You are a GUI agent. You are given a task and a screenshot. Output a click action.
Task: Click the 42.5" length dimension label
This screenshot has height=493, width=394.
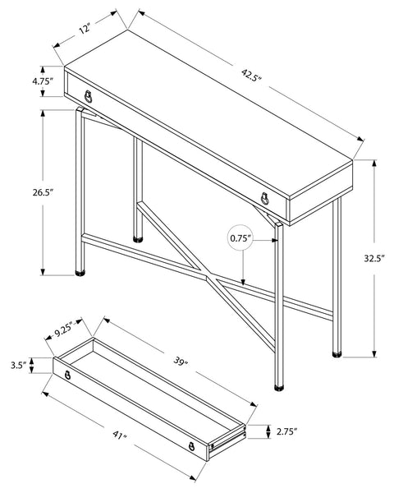251,76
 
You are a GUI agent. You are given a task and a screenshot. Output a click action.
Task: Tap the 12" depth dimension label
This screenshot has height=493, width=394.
85,30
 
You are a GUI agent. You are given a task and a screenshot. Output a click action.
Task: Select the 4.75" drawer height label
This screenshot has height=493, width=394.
42,81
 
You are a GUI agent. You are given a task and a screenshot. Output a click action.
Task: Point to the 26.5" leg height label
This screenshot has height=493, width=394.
43,192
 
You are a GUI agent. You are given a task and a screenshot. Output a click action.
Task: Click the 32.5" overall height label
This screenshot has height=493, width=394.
374,258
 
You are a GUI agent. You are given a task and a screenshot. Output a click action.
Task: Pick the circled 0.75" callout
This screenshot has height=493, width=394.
241,238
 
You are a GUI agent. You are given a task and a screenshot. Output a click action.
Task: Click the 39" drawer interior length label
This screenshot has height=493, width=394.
181,362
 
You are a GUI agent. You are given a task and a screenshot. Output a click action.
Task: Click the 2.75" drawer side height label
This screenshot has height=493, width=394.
286,431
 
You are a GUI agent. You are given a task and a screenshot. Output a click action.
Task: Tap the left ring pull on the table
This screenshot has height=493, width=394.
89,96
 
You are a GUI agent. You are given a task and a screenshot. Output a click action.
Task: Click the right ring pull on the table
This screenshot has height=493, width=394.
265,198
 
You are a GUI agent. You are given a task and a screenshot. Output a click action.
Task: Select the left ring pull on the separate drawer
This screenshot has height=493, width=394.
67,375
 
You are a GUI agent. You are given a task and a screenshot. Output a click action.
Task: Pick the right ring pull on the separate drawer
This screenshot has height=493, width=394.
191,446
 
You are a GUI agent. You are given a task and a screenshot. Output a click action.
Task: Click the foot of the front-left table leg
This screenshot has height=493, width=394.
80,273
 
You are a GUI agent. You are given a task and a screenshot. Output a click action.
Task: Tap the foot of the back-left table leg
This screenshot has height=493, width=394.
138,239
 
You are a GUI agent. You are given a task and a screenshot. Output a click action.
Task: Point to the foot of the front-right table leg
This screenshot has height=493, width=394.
279,387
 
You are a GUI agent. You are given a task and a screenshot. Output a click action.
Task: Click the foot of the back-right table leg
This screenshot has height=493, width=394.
337,354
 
